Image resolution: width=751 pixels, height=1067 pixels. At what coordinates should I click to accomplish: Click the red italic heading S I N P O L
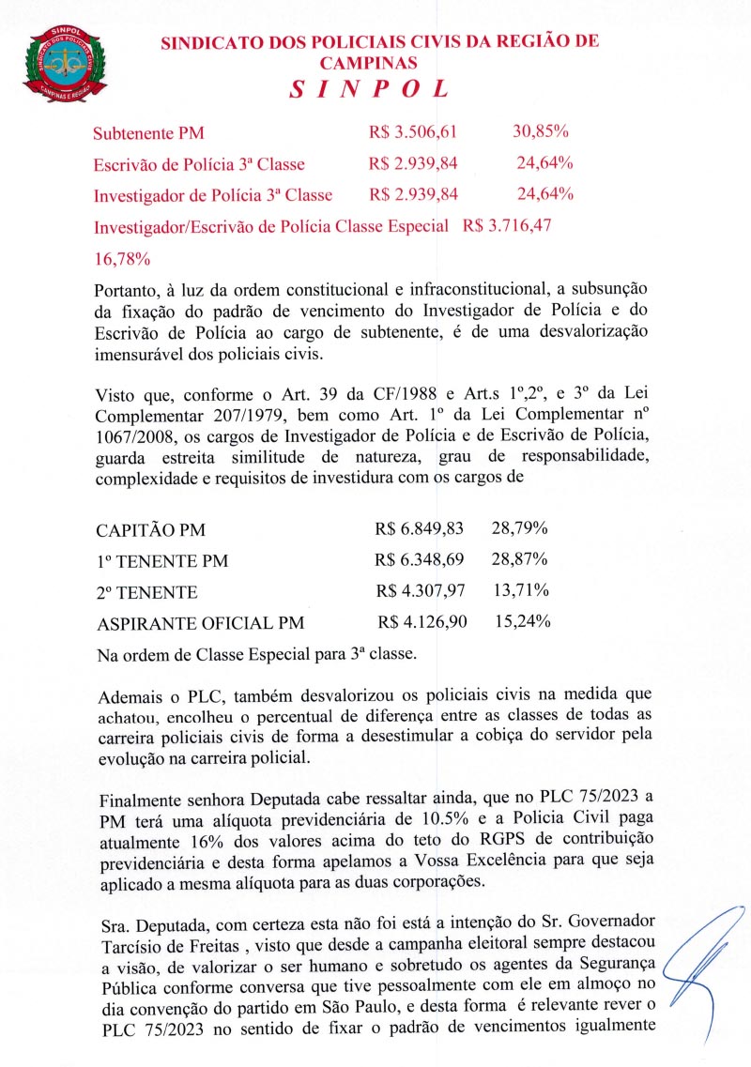pyautogui.click(x=368, y=90)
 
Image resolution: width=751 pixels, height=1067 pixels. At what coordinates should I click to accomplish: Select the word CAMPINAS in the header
pyautogui.click(x=368, y=63)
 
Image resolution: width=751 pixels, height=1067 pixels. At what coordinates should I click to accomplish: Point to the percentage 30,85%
pyautogui.click(x=543, y=133)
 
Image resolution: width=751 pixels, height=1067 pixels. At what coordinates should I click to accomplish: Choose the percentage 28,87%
pyautogui.click(x=520, y=560)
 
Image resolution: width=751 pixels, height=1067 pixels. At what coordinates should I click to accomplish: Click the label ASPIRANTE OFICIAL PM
pyautogui.click(x=200, y=623)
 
